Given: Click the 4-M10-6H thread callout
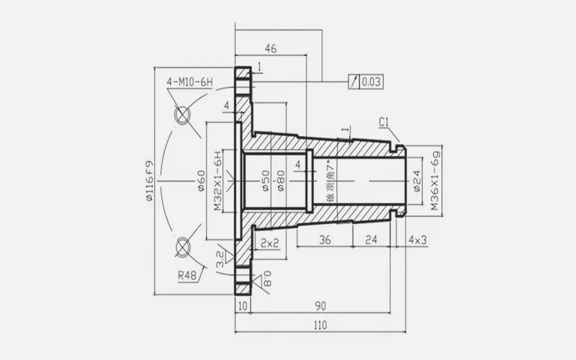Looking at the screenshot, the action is click(x=190, y=81).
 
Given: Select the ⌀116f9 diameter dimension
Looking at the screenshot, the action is click(x=149, y=181).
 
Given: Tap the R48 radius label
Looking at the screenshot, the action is click(x=187, y=275).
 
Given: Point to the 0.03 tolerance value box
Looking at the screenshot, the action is click(x=371, y=81).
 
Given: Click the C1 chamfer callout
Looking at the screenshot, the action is click(x=384, y=122).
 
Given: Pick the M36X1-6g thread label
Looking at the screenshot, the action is click(x=436, y=181).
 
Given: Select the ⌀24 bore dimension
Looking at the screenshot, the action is click(x=417, y=181).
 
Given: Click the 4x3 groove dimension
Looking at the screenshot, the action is click(x=418, y=240).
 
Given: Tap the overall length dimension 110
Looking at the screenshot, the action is click(x=320, y=325).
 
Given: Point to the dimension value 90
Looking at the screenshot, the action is click(x=320, y=306).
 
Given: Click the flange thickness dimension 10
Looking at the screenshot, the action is click(x=243, y=306).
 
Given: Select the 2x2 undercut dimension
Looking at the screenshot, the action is click(x=270, y=243).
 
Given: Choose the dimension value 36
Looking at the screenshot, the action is click(x=325, y=240).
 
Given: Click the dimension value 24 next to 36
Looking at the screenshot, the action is click(x=372, y=240).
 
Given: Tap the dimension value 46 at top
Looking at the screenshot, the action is click(x=271, y=48).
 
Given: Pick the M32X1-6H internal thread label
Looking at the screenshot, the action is click(x=218, y=181).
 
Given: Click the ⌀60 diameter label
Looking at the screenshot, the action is click(x=201, y=181).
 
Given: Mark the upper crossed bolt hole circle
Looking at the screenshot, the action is click(x=182, y=114).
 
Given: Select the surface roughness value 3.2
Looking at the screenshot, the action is click(x=220, y=259).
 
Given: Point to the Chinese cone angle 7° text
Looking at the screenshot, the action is click(x=331, y=181).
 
